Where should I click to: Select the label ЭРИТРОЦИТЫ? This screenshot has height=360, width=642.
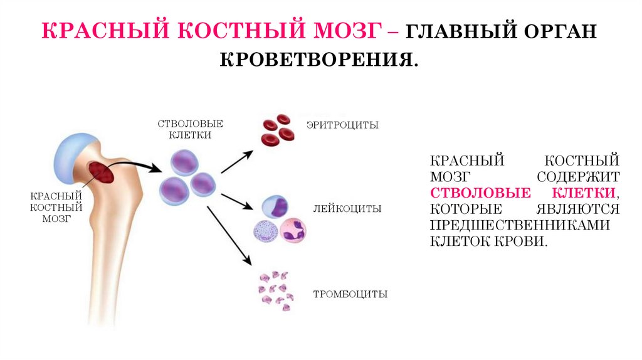click(x=342, y=125)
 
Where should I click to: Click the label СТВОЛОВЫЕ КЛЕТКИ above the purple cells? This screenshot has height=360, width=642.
click(x=190, y=129)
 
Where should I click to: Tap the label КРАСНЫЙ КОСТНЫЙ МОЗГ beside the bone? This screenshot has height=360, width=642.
click(x=55, y=207)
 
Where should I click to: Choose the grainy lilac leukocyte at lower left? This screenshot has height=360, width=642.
click(x=266, y=231)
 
